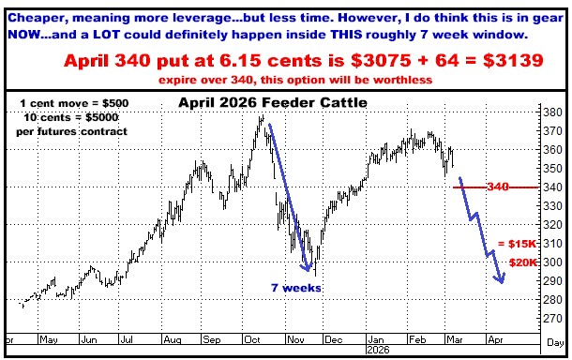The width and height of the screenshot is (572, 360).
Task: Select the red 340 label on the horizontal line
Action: click(x=497, y=187)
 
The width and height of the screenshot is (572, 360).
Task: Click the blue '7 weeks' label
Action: click(x=296, y=288)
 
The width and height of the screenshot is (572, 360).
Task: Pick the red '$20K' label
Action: click(x=521, y=262)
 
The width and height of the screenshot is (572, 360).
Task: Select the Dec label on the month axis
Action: click(x=331, y=339)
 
